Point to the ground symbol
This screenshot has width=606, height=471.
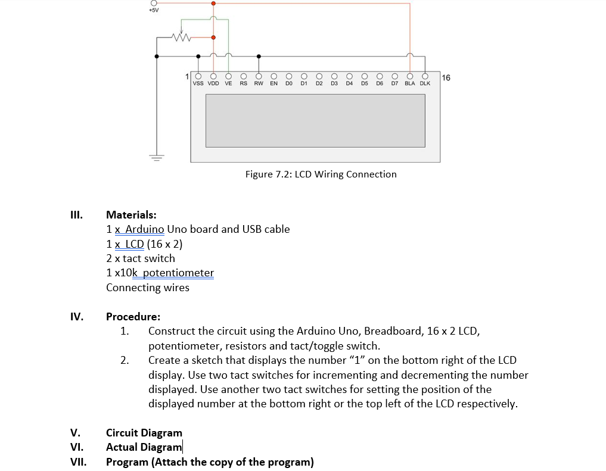[x=157, y=158]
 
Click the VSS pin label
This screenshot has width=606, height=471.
[x=198, y=84]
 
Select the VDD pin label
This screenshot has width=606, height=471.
[x=213, y=84]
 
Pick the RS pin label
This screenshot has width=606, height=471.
[x=243, y=84]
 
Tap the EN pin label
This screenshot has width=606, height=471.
[x=274, y=84]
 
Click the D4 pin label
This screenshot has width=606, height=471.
[x=349, y=84]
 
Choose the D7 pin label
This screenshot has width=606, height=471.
[x=394, y=84]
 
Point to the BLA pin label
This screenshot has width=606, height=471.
[x=410, y=84]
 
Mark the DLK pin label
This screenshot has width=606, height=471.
[x=425, y=84]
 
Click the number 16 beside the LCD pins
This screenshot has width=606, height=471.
[x=447, y=77]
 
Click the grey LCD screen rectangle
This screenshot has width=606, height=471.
[x=315, y=120]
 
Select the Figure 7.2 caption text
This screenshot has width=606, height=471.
[x=321, y=174]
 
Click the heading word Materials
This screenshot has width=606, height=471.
[x=131, y=214]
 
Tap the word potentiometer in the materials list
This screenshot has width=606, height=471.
[x=179, y=273]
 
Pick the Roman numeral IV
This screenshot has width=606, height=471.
[x=77, y=317]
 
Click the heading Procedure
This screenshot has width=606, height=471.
[x=133, y=317]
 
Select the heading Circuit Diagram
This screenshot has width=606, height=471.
[x=144, y=433]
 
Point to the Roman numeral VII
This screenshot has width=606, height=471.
[x=78, y=462]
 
